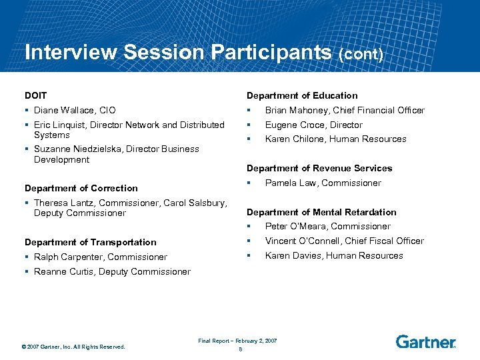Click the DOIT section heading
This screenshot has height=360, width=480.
click(x=35, y=96)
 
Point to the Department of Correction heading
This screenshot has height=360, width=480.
click(x=81, y=189)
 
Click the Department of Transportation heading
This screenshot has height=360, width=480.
click(x=90, y=243)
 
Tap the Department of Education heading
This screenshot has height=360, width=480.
click(x=302, y=96)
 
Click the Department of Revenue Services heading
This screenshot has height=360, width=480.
click(x=319, y=169)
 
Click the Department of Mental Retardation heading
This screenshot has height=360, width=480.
click(x=321, y=213)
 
